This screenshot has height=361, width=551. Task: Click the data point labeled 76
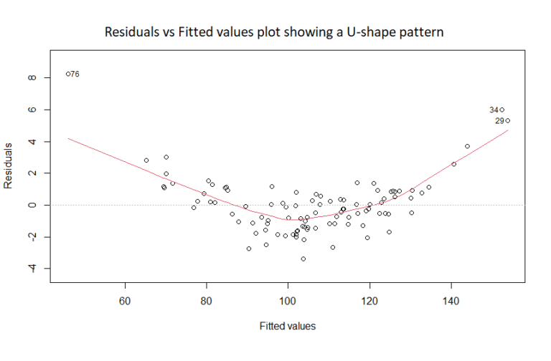coord(68,74)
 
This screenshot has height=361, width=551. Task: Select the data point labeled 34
coord(502,110)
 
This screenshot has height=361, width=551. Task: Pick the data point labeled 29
coord(507,120)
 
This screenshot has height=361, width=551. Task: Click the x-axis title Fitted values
coord(288,325)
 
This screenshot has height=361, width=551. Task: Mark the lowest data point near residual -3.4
coord(303,259)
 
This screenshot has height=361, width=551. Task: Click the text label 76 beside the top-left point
coord(75,74)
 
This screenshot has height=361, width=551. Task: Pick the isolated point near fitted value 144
coord(467,146)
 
